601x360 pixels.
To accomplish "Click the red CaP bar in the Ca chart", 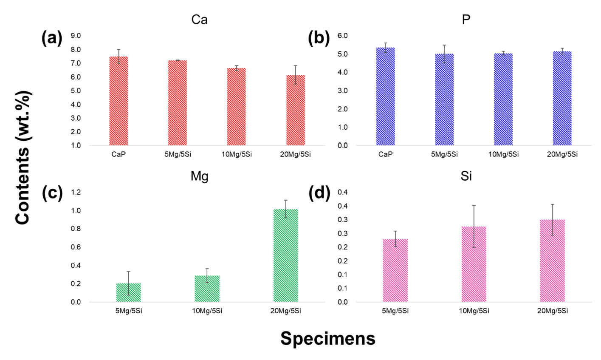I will click(119, 102).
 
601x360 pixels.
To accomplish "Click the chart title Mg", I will click(199, 176).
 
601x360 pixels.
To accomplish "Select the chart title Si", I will click(466, 176).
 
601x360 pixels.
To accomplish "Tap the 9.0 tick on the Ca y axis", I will click(88, 36).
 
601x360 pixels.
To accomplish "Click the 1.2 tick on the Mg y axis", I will click(87, 193).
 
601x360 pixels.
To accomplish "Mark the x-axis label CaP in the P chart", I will click(385, 154).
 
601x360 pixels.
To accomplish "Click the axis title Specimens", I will click(327, 338).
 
